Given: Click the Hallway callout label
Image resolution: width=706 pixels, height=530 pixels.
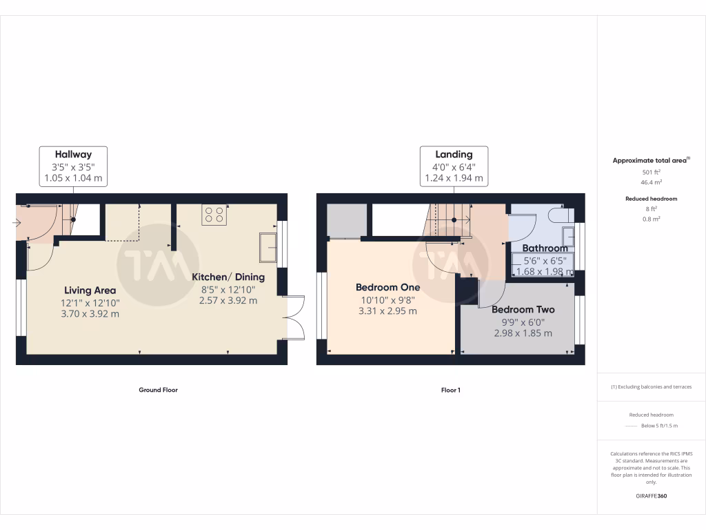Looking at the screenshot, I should tap(73, 155).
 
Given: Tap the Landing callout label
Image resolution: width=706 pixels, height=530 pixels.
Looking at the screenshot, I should tap(454, 155).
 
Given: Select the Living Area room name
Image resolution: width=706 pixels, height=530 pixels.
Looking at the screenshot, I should tap(90, 290).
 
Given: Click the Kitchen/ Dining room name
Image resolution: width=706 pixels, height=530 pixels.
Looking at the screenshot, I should tap(228, 277).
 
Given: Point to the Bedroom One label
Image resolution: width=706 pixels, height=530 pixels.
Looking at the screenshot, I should tap(387, 287).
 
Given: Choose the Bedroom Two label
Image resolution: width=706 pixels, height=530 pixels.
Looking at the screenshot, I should tap(523, 309).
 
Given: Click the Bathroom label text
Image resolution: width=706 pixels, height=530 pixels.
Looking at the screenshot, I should tap(545, 248).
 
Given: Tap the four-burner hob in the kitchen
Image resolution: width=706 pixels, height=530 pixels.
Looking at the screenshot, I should tap(214, 215).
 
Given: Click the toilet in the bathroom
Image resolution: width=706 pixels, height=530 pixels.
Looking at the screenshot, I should tap(557, 215).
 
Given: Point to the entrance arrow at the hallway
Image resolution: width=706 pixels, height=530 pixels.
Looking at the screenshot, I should tap(17, 222).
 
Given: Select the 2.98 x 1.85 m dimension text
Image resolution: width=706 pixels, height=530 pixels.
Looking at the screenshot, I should tap(523, 333).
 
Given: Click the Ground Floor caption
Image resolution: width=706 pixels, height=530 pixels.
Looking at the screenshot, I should tap(158, 390).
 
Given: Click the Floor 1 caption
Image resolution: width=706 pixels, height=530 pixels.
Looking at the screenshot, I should tap(450, 390).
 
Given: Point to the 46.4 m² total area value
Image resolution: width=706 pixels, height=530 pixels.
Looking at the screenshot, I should tap(652, 182).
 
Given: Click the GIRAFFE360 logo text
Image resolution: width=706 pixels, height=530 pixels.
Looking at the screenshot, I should tap(652, 495).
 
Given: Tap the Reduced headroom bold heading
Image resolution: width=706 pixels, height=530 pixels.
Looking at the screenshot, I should tap(652, 199).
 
